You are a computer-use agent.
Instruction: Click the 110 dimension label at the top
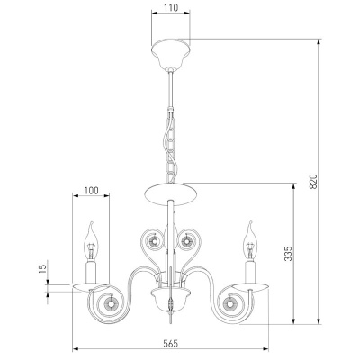click(171, 7)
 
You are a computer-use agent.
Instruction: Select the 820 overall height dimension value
click(313, 181)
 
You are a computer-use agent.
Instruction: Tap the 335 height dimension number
click(288, 254)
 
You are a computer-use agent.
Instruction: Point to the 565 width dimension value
click(171, 344)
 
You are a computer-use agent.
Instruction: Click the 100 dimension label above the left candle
click(91, 191)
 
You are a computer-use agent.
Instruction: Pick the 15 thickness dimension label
click(43, 268)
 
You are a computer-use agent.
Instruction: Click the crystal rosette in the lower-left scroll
click(110, 304)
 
